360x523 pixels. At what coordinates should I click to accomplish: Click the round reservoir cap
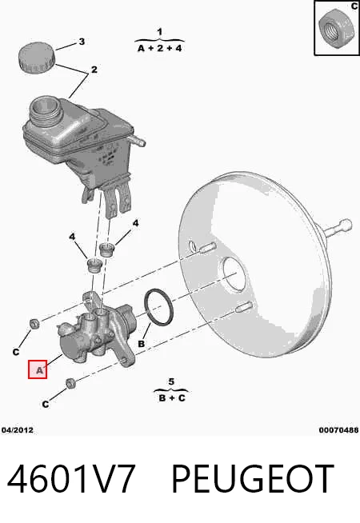(36, 56)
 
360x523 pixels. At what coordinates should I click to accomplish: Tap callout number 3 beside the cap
(82, 42)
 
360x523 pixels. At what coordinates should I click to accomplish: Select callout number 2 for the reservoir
(94, 70)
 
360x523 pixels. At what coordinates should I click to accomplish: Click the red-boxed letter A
(39, 370)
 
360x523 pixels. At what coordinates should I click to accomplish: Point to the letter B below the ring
(141, 343)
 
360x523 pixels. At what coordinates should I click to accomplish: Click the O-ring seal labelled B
(158, 307)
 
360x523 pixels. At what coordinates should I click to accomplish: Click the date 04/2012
(18, 430)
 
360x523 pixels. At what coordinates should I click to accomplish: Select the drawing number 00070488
(338, 430)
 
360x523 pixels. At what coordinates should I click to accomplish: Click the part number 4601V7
(71, 479)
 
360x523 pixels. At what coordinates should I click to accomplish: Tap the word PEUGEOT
(253, 479)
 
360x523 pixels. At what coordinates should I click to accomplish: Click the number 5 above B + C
(171, 381)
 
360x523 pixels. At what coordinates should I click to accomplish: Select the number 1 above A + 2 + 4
(160, 32)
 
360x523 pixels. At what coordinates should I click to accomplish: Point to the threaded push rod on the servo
(337, 228)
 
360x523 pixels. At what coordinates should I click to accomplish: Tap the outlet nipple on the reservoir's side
(138, 140)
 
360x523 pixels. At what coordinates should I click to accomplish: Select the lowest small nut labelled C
(70, 383)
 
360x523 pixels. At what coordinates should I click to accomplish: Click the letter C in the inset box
(354, 6)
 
